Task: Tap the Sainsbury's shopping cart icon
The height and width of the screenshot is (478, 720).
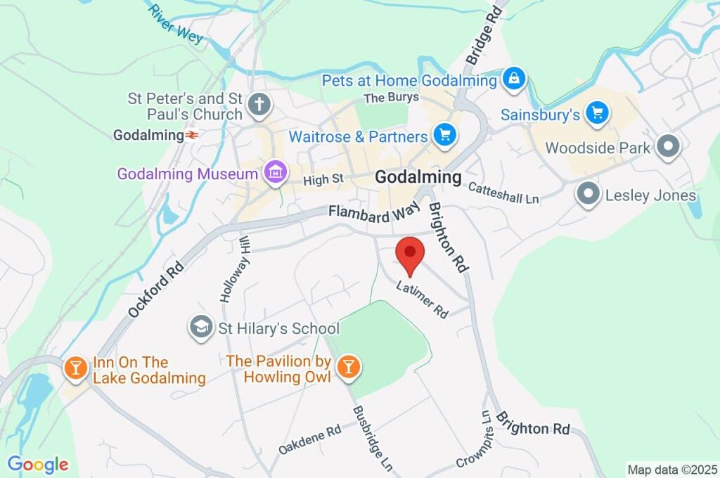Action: tap(598, 112)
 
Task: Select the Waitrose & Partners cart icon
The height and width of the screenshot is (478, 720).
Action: tap(444, 136)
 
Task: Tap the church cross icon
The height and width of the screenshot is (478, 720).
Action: tap(259, 105)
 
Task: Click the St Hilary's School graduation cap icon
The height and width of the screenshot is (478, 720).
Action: tap(201, 328)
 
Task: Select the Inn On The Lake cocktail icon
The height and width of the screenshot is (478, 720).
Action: tap(74, 368)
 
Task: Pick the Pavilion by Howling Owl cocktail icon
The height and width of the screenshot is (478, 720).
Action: tap(347, 366)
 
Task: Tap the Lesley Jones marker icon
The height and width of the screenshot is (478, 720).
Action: tap(588, 195)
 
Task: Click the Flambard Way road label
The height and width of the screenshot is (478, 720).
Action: tap(375, 212)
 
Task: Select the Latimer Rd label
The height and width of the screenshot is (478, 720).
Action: tap(422, 299)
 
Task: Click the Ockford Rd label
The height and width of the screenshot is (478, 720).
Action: tap(156, 288)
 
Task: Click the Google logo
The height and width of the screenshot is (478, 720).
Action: tap(38, 464)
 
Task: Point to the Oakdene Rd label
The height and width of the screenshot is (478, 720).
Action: tap(309, 439)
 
